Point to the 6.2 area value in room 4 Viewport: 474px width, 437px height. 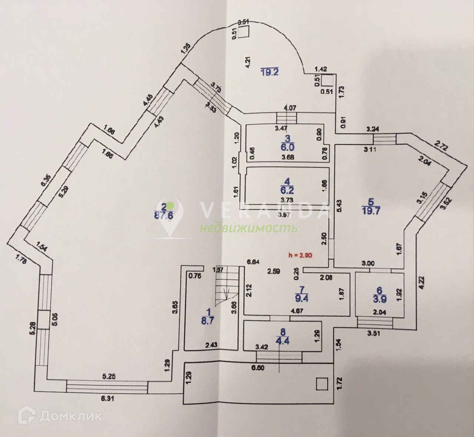tap(287, 190)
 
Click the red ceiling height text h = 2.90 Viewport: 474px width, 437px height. tap(300, 255)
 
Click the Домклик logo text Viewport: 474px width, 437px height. tap(70, 416)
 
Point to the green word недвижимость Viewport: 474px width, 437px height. tap(248, 228)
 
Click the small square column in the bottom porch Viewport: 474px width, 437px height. tap(322, 383)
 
